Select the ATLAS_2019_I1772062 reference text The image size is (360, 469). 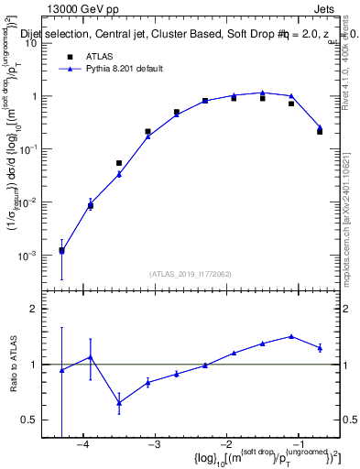[x=191, y=273]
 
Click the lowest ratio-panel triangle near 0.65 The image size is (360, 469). [x=119, y=402]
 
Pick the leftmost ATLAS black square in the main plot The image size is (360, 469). [x=61, y=250]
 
